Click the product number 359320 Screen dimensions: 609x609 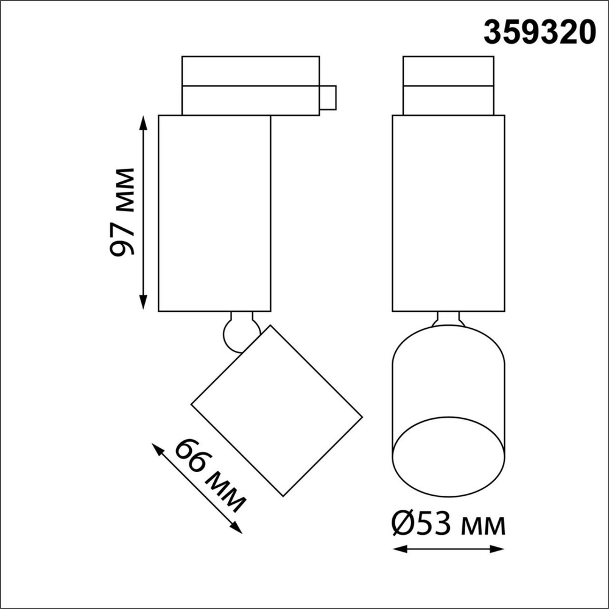(x=539, y=32)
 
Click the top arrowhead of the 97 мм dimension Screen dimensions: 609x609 (x=144, y=119)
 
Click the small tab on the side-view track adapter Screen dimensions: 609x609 (x=328, y=99)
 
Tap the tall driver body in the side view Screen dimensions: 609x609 (x=214, y=213)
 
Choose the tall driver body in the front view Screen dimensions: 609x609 (x=449, y=213)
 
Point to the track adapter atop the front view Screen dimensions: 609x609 (x=448, y=85)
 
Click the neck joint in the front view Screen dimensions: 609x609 (x=449, y=319)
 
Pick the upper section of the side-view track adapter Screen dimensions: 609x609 (x=250, y=71)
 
